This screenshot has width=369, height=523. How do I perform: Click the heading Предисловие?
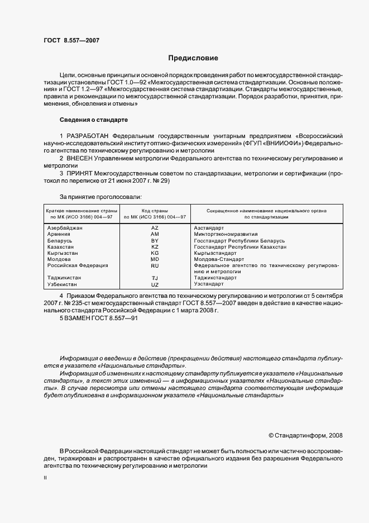194,58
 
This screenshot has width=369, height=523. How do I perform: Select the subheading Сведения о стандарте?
94,120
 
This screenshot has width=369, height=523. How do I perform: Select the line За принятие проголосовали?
100,197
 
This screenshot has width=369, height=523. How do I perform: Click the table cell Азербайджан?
65,229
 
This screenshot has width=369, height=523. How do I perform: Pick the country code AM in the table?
155,235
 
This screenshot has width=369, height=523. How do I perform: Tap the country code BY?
155,241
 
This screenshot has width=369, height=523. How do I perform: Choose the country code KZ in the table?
155,247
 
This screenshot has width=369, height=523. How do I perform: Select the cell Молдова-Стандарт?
219,259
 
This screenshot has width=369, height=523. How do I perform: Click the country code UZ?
155,284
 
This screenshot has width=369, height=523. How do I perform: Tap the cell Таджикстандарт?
215,278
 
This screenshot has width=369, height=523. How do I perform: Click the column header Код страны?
155,210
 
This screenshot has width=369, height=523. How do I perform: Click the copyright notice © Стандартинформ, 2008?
305,434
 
